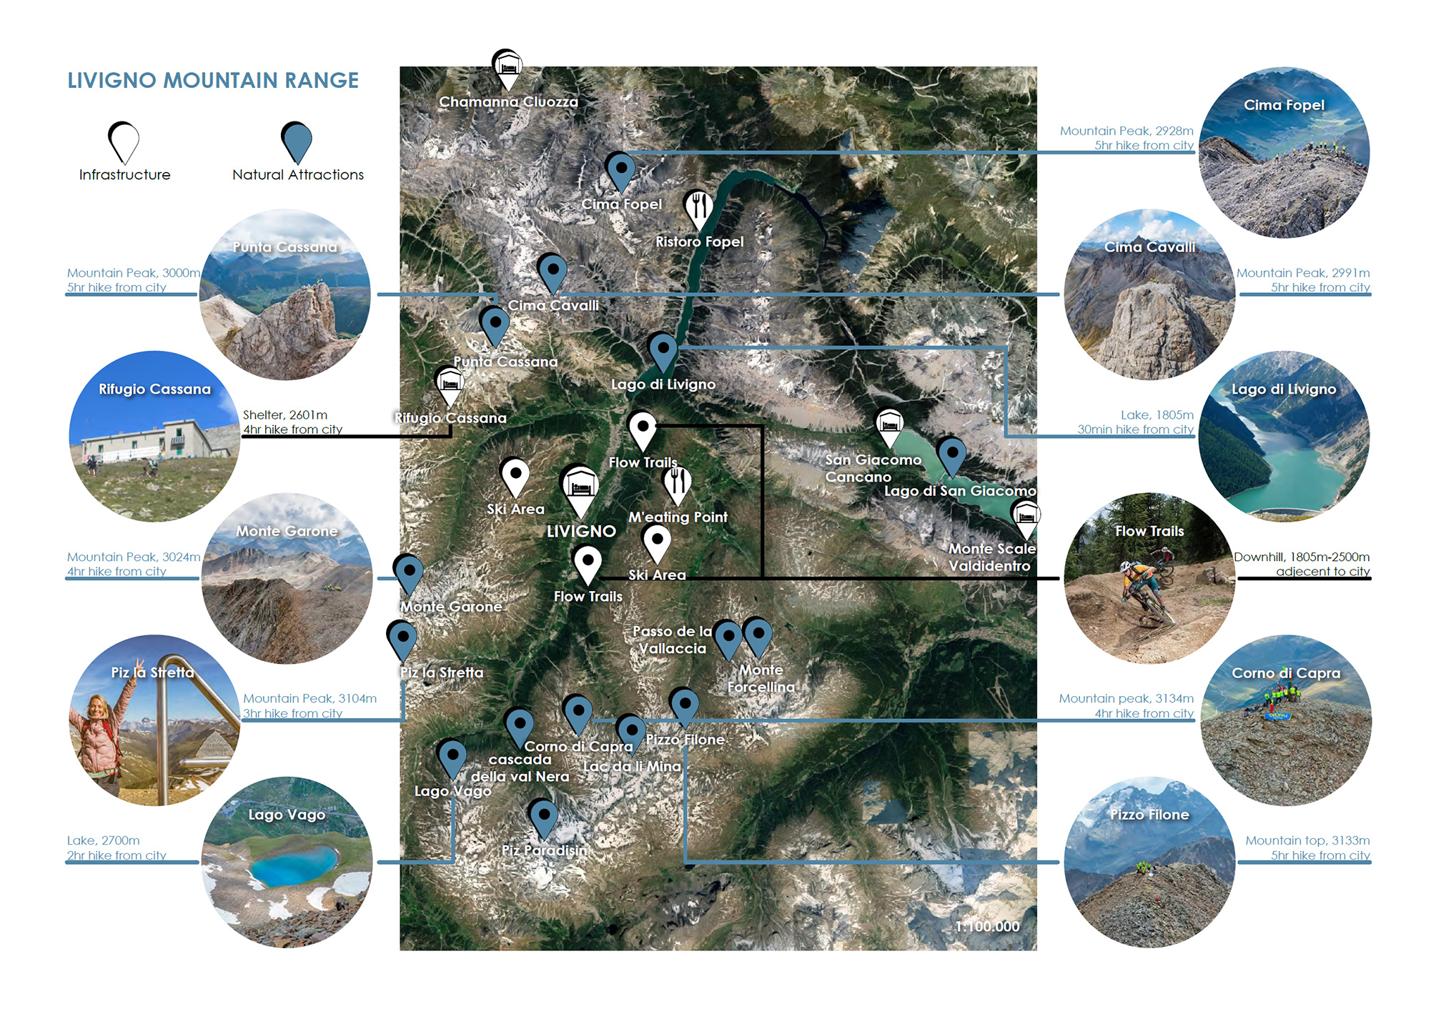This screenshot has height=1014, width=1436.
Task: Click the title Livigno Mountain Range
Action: click(213, 80)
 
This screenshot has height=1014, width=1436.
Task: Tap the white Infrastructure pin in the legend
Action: click(124, 141)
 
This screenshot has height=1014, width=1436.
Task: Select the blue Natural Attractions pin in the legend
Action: click(297, 141)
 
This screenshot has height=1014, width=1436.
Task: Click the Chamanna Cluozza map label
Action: click(508, 102)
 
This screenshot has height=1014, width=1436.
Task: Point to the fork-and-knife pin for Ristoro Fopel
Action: click(698, 207)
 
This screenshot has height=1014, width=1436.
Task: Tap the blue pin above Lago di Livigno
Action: click(663, 351)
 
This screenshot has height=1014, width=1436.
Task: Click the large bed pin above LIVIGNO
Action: click(580, 488)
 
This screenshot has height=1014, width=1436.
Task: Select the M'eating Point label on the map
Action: click(678, 517)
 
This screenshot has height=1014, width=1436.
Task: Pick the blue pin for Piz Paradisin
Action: click(543, 817)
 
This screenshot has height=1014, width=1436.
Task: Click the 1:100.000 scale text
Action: click(987, 926)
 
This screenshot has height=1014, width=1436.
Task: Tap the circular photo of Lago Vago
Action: click(287, 863)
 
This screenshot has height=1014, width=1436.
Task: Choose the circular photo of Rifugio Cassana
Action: click(154, 436)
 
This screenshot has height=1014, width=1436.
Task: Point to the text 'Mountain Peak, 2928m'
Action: click(1126, 131)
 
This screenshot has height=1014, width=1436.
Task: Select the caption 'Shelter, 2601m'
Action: click(285, 414)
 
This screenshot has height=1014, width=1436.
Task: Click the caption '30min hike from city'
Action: click(1135, 429)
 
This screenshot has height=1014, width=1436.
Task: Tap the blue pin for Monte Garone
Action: click(409, 573)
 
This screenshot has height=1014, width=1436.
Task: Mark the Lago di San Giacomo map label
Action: click(960, 491)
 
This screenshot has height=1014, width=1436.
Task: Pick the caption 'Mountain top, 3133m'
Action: click(1307, 840)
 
